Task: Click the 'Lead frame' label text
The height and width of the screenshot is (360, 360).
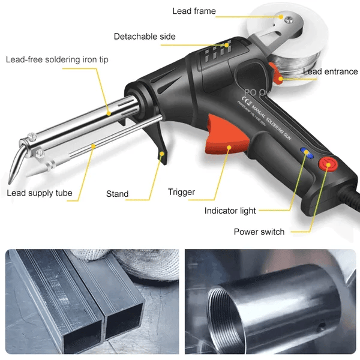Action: click(x=194, y=11)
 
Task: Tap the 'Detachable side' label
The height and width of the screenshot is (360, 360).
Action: click(x=145, y=37)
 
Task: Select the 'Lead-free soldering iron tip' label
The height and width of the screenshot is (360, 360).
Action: click(x=57, y=59)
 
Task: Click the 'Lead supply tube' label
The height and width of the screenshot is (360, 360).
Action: click(x=40, y=193)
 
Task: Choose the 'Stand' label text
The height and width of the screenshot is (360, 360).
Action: click(x=117, y=194)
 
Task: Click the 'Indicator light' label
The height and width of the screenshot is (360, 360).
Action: click(x=230, y=211)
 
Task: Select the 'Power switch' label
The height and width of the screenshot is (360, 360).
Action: click(x=259, y=232)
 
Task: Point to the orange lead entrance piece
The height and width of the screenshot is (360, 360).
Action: click(x=277, y=76)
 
